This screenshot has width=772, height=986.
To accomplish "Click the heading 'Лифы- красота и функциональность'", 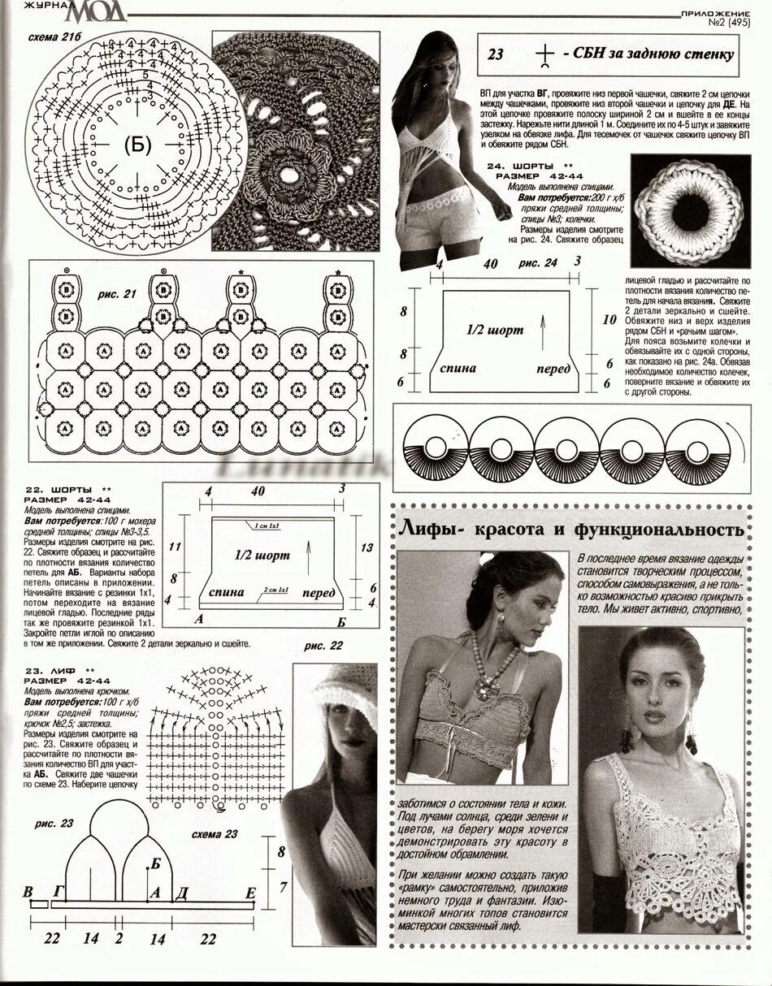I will coord(571,530).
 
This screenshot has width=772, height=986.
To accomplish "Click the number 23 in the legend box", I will coord(496,55).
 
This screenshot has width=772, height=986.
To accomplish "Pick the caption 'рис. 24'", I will coord(538,263).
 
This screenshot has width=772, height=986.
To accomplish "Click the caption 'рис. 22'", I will coord(323,646).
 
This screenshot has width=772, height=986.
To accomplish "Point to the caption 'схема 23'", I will coord(215,834).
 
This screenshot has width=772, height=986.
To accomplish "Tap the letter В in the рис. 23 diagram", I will coord(29,891).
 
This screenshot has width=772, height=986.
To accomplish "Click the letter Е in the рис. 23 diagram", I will coord(250,893).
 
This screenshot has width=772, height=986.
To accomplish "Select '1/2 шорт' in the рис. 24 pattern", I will coord(495,331).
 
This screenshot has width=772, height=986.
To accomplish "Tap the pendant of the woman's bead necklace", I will coord(490,686).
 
